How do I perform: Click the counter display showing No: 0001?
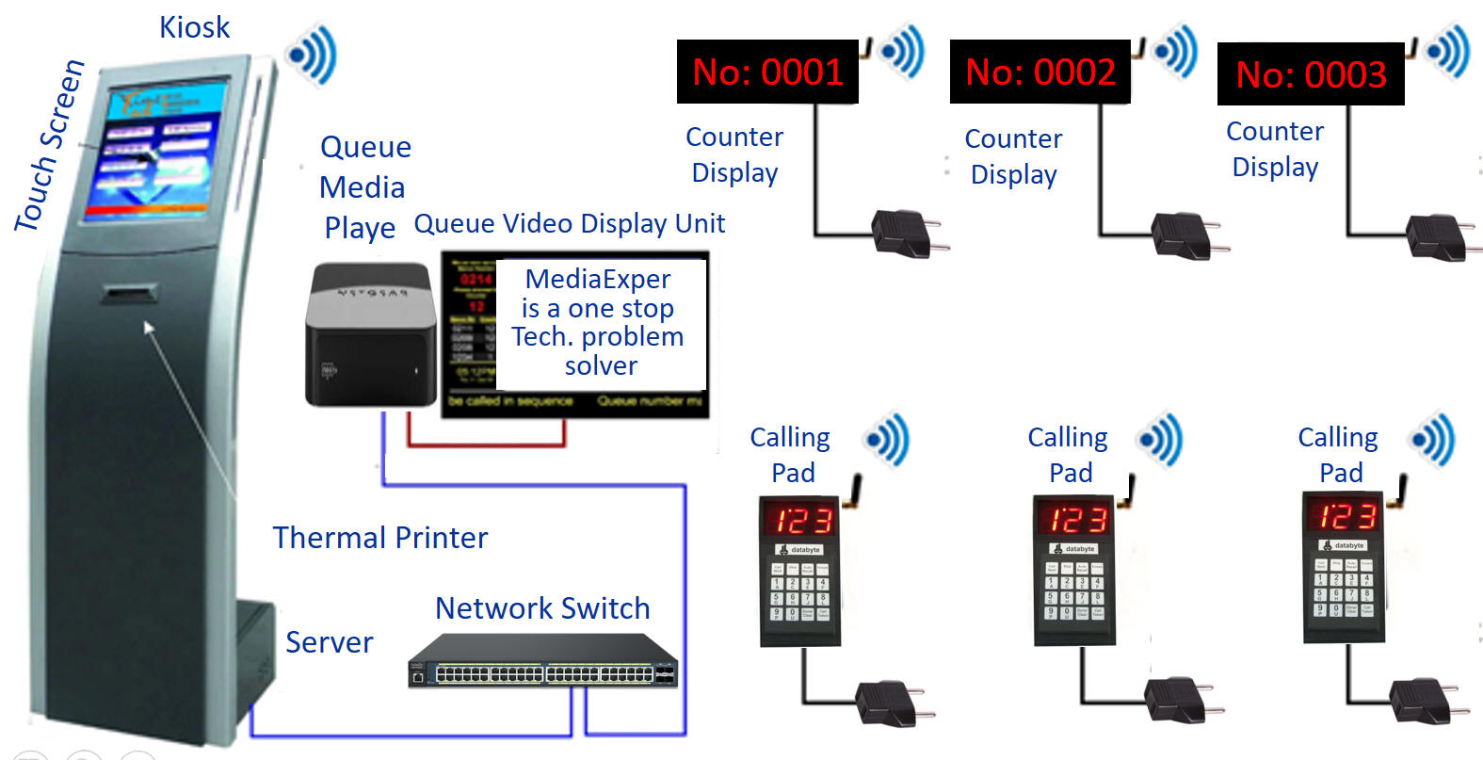pyautogui.click(x=767, y=72)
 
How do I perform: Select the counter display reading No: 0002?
pyautogui.click(x=1040, y=72)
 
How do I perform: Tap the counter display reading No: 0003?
pyautogui.click(x=1311, y=74)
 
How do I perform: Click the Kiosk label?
pyautogui.click(x=194, y=27)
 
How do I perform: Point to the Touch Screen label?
pyautogui.click(x=49, y=146)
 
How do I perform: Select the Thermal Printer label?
pyautogui.click(x=380, y=538)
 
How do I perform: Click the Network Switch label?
pyautogui.click(x=542, y=608)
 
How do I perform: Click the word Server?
pyautogui.click(x=330, y=642)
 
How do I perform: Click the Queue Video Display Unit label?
pyautogui.click(x=570, y=224)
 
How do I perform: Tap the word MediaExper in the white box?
pyautogui.click(x=598, y=279)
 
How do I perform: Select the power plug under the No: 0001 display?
pyautogui.click(x=905, y=234)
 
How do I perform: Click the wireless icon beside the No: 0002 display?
pyautogui.click(x=1176, y=50)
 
